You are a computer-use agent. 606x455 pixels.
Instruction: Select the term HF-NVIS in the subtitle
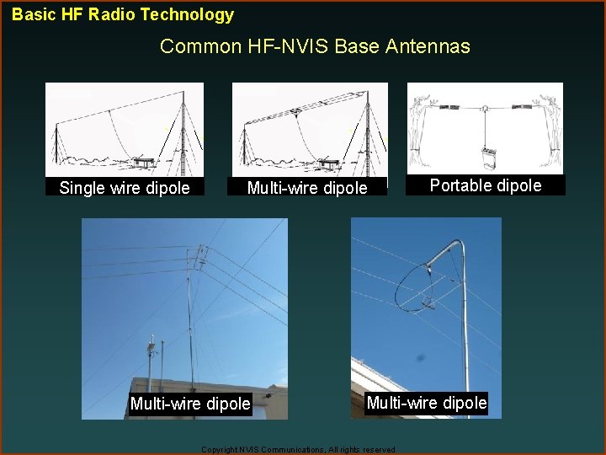click(273, 46)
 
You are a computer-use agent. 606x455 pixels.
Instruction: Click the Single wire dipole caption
click(125, 188)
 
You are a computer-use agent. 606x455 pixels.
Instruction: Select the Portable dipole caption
click(486, 185)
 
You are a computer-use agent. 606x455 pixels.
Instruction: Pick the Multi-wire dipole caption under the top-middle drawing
click(307, 188)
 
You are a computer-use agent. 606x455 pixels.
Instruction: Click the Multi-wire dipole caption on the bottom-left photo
click(190, 404)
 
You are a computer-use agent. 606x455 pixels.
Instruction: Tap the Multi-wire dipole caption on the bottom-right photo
click(427, 403)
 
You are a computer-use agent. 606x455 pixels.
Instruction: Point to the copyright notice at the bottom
click(299, 450)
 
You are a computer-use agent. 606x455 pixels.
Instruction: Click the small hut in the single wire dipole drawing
click(142, 159)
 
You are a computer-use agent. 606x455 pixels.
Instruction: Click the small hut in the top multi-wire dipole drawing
click(329, 159)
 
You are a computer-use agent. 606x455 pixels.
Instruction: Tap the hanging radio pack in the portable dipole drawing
click(486, 157)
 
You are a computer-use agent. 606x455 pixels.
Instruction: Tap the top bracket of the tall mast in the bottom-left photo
click(200, 257)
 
